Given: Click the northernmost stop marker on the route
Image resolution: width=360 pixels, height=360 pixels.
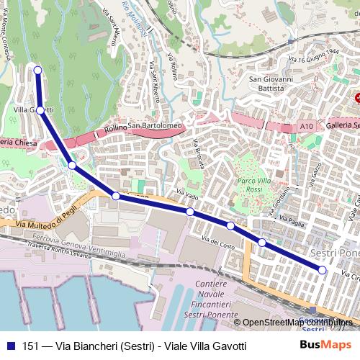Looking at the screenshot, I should point(37,70).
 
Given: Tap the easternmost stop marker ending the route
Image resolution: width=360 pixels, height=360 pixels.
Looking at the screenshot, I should point(323,270).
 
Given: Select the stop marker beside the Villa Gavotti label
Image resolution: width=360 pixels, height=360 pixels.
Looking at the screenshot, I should point(41,110).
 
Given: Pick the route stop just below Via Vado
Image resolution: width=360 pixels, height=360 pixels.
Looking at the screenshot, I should point(190,212).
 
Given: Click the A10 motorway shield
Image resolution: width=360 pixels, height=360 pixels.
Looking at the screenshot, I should point(307,126).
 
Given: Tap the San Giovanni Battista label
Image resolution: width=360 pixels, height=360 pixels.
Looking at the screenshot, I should point(271,84).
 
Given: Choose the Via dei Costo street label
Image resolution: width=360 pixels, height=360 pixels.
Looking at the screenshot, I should point(218,244).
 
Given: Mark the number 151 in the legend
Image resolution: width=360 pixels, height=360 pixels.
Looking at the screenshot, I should point(31,346).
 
